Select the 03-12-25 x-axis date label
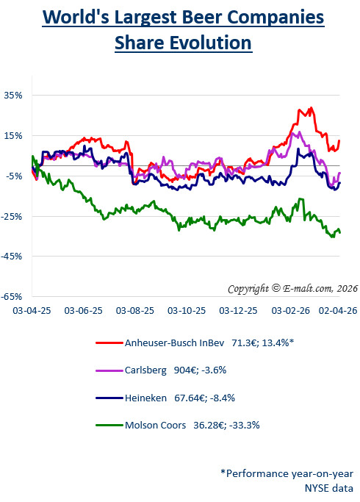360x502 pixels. point(238,311)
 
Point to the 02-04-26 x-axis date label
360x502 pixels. point(337,311)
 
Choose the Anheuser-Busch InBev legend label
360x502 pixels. point(172,343)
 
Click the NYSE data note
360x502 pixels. point(329,487)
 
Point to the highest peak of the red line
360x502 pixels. point(311,108)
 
